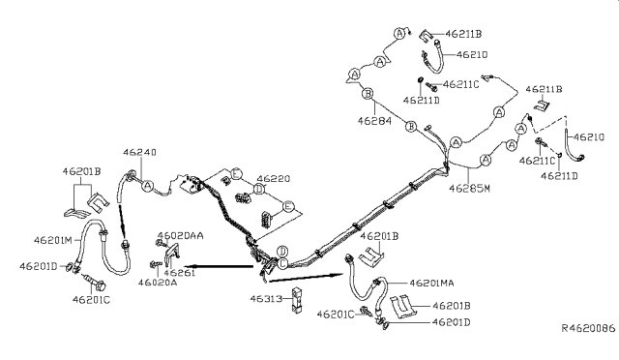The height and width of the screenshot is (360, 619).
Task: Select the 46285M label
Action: pyautogui.click(x=466, y=187)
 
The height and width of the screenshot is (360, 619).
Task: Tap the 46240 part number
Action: pyautogui.click(x=139, y=152)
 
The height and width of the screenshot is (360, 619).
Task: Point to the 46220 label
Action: pyautogui.click(x=273, y=179)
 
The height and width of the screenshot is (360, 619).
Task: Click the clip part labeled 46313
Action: pyautogui.click(x=298, y=299)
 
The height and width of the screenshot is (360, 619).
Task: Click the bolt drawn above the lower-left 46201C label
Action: pyautogui.click(x=95, y=285)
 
